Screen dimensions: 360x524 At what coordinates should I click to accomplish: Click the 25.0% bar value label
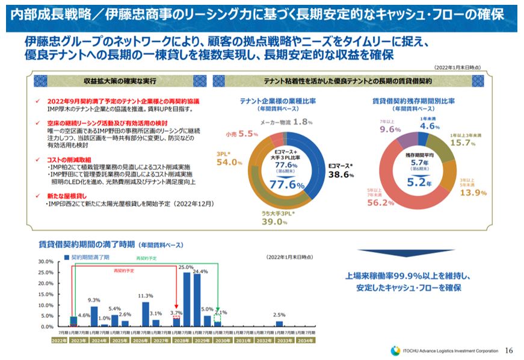[x=186, y=267]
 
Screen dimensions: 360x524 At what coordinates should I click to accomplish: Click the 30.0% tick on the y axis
[x=46, y=261]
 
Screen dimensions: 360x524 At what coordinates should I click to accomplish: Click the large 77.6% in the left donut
[x=287, y=185]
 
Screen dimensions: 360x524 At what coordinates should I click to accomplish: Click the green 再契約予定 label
[x=145, y=258]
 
